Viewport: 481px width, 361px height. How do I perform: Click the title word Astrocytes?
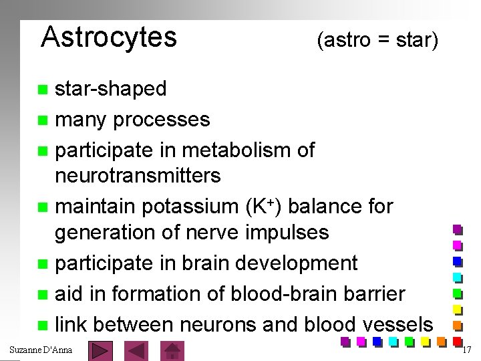(x=109, y=37)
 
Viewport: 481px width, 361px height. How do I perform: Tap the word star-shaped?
(x=112, y=89)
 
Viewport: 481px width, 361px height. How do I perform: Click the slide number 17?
(x=468, y=350)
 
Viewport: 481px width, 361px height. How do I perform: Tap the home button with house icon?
(x=174, y=350)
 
